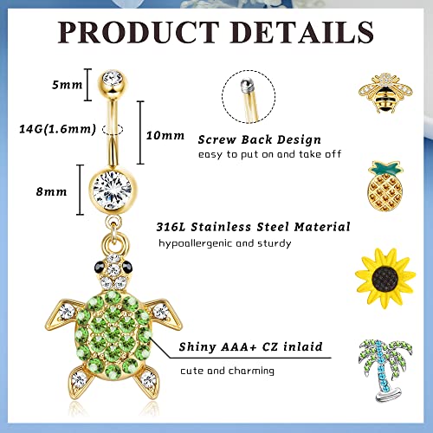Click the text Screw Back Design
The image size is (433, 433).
[x=260, y=139]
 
